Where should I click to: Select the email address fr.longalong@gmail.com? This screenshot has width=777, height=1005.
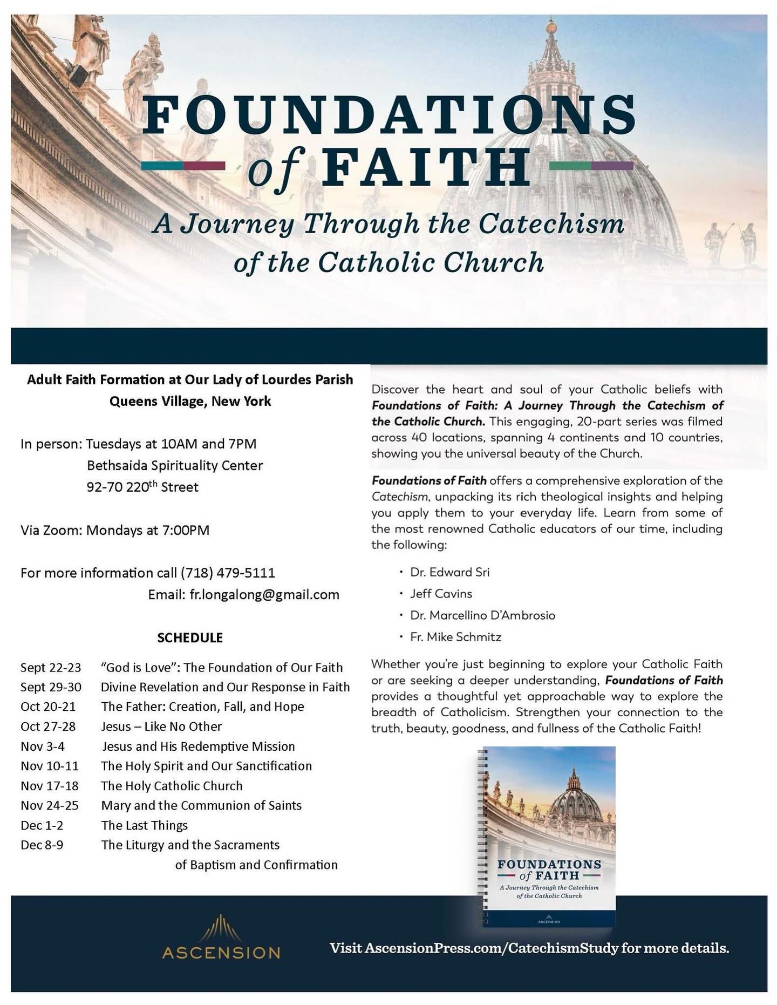264,595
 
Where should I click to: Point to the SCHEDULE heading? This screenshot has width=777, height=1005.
190,638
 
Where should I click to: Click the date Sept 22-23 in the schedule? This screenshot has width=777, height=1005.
51,668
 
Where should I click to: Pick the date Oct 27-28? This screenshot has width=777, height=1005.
48,726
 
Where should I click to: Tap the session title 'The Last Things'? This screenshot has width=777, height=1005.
145,825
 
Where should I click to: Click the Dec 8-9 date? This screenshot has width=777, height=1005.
42,845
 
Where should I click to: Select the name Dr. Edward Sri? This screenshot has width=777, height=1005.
449,572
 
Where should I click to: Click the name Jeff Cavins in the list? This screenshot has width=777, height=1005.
441,594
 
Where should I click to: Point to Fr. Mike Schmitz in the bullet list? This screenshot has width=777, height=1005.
455,637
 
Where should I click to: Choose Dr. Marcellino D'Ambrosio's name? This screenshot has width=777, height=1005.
482,615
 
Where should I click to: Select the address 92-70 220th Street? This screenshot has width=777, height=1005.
142,487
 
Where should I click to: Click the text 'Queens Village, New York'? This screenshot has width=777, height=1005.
190,402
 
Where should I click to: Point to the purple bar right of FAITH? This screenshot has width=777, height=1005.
612,166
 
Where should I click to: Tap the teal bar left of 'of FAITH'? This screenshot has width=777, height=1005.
162,166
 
